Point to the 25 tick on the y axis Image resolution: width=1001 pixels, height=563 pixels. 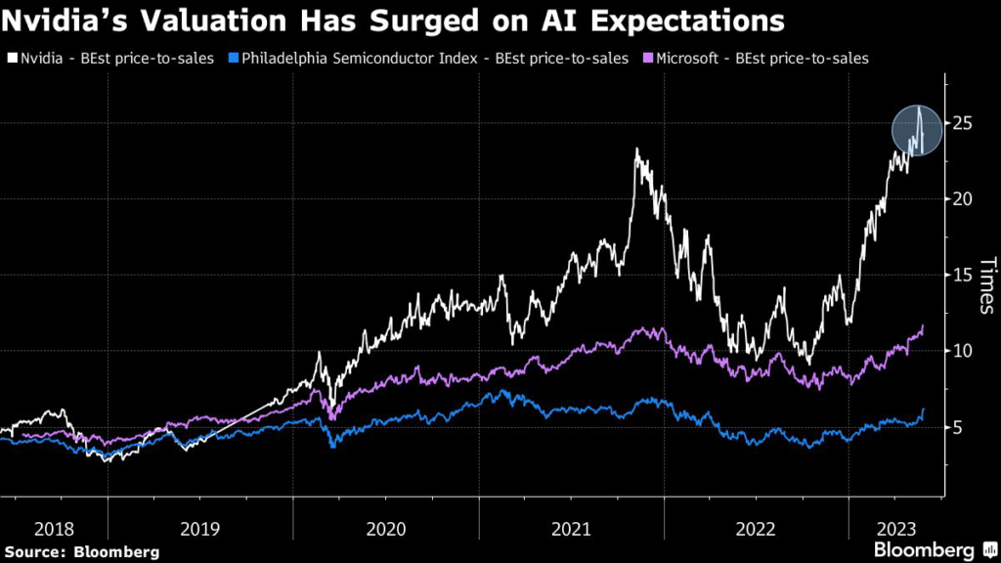point(965,123)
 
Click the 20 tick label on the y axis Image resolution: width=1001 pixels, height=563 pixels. point(965,199)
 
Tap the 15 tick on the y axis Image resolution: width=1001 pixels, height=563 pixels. point(965,276)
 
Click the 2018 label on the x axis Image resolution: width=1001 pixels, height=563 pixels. point(54,529)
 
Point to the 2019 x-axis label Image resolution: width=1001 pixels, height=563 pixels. point(201,529)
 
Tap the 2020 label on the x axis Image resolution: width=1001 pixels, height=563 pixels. point(386,529)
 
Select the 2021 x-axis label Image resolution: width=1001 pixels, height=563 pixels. point(571,529)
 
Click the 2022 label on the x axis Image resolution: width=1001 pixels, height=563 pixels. point(756,529)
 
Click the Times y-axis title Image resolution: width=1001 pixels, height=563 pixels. point(987,285)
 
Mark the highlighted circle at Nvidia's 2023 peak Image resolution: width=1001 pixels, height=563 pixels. point(917,130)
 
